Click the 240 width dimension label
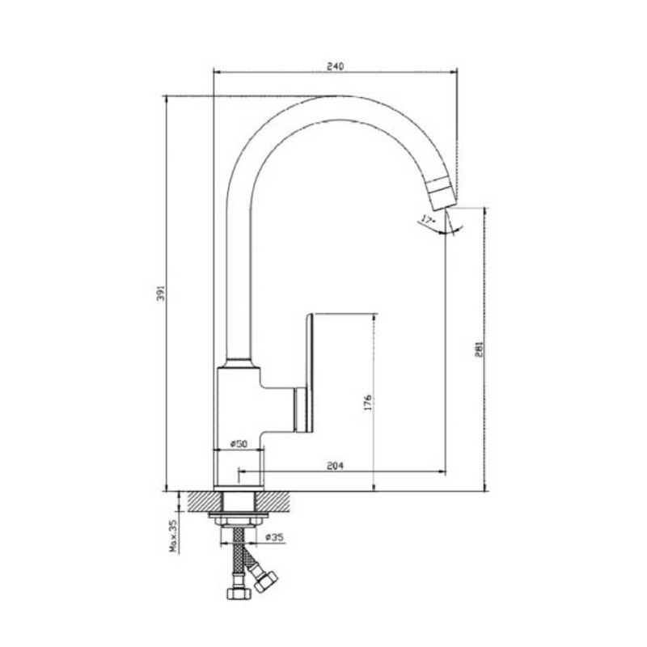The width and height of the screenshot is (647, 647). click(335, 66)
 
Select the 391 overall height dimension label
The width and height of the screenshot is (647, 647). click(160, 293)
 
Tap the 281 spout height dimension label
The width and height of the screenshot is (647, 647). click(479, 349)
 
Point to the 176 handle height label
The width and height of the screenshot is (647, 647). click(368, 402)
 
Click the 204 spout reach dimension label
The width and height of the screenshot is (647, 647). click(335, 466)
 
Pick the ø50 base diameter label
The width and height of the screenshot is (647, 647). click(239, 444)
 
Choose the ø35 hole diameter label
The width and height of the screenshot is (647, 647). click(274, 537)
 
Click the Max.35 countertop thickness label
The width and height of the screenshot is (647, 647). click(173, 535)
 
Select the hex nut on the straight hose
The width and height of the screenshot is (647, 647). click(239, 593)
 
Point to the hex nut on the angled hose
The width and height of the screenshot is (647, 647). click(265, 581)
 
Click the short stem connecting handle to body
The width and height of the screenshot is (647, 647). click(299, 410)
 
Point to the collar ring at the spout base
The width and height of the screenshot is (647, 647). click(239, 362)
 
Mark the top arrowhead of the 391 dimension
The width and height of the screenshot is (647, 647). click(166, 99)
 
